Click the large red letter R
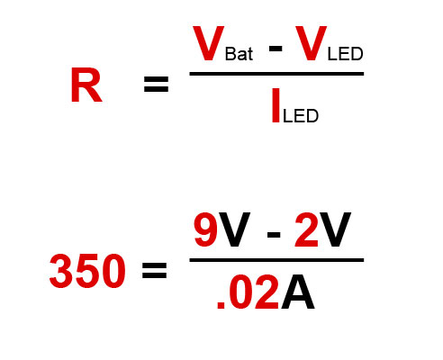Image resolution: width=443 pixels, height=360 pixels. coord(86,85)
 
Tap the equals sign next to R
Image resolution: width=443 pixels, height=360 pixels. coord(156,84)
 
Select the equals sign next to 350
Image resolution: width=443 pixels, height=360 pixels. coord(154,270)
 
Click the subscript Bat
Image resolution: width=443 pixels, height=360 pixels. coord(239,54)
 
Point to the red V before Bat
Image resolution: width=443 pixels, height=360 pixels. coord(209,43)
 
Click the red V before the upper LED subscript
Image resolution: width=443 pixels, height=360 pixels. coord(311,43)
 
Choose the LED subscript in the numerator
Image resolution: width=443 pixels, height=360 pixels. coord(346,54)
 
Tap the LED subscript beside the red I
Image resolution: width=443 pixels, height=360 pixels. coord(301,116)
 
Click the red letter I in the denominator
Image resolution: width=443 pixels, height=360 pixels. coord(276,105)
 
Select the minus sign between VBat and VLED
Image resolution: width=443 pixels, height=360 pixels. coord(276,49)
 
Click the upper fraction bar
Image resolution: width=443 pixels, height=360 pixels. coord(276,74)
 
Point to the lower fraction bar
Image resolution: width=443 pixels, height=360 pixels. coord(276,260)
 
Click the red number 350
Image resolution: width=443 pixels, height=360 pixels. coord(87,271)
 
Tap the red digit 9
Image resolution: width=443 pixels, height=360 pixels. coord(206,229)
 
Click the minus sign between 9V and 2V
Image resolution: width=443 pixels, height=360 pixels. coord(274,234)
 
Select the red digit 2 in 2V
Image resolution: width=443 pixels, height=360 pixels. coord(306,229)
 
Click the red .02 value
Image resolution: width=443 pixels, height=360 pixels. coord(248,292)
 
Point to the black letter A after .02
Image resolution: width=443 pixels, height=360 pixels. coord(298,292)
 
